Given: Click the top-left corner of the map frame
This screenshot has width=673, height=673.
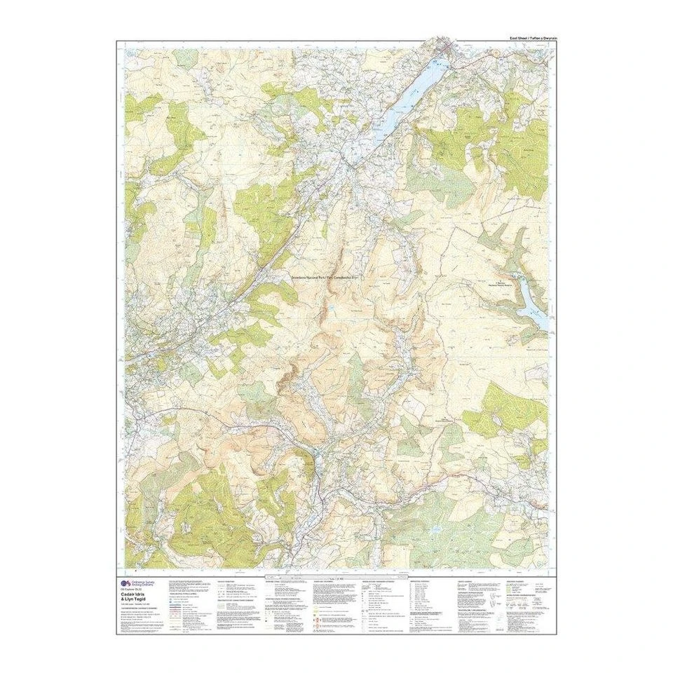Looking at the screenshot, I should pos(116,41).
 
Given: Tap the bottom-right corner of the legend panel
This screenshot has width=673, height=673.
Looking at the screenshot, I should pos(557,634).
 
